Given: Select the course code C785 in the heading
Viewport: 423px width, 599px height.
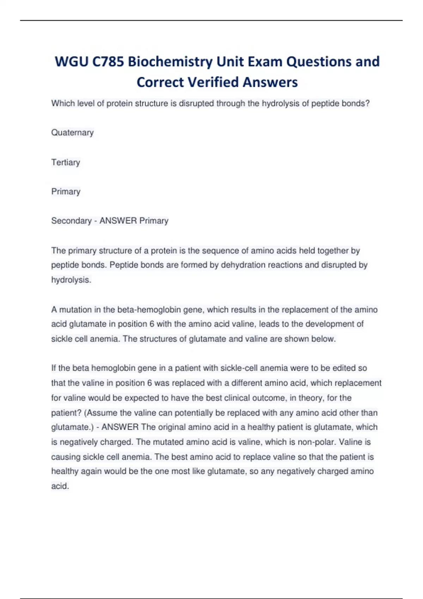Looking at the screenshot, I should (108, 62).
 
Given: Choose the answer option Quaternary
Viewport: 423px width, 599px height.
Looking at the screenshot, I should (73, 133).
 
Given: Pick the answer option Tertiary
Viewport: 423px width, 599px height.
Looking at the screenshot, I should (66, 162).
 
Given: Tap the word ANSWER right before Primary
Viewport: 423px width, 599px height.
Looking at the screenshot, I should (118, 221).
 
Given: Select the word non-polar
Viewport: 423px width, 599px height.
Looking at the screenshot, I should (310, 442).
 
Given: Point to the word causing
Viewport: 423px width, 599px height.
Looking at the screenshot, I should (66, 457).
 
